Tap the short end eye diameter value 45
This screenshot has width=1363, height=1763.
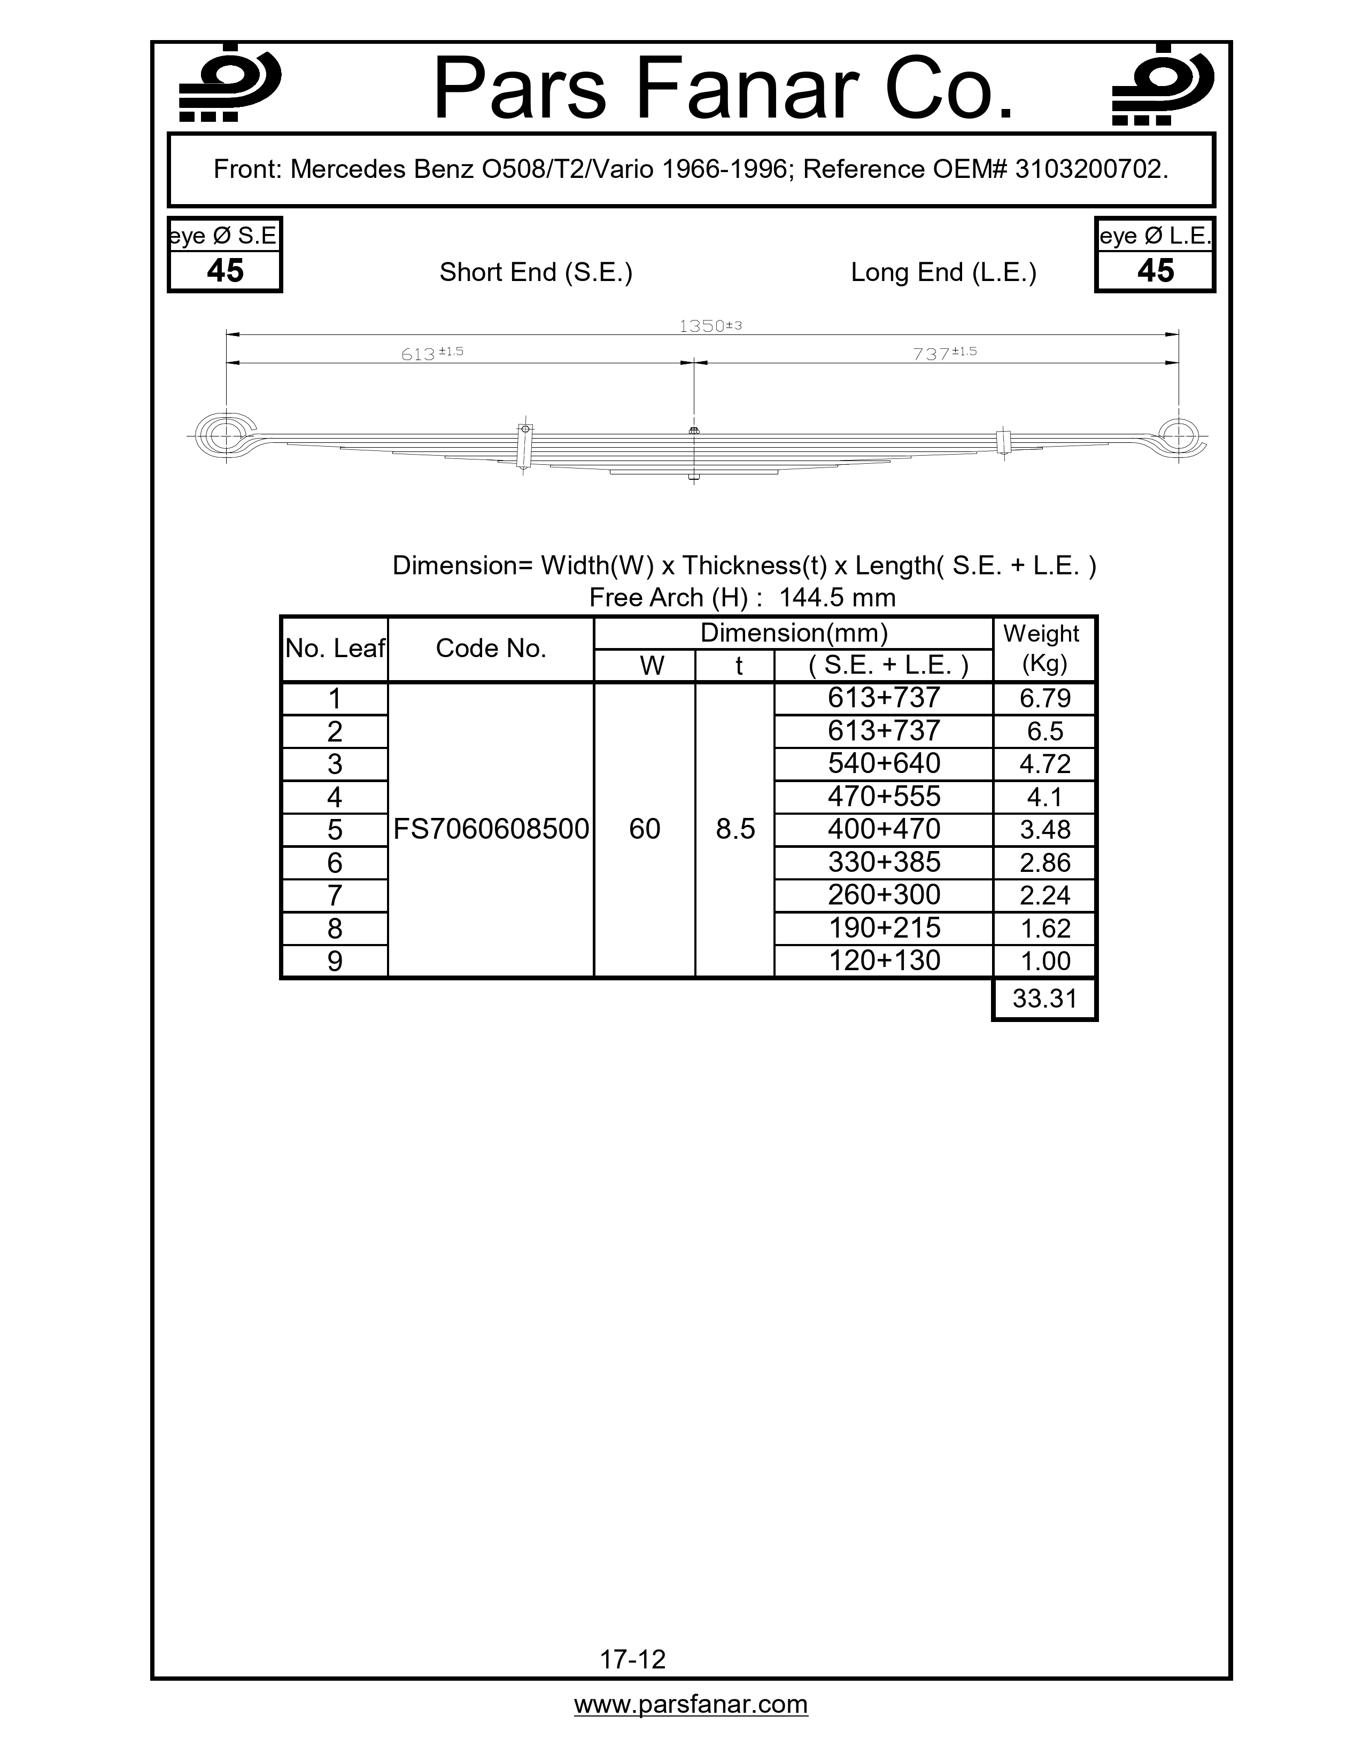click(225, 271)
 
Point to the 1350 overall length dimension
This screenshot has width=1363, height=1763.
click(709, 326)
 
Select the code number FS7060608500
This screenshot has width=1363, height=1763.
click(491, 829)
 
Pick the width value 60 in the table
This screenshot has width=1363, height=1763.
click(645, 829)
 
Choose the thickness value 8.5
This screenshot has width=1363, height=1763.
click(735, 829)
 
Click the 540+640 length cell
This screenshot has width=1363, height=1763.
click(884, 763)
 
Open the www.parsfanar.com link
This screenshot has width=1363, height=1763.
click(691, 1704)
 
